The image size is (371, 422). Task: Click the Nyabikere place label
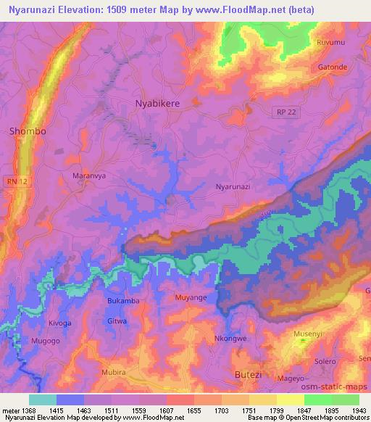(157, 104)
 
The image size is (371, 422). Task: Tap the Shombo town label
(28, 131)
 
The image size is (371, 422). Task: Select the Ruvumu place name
(330, 43)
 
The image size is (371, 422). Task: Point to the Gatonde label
(333, 67)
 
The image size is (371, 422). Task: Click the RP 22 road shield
(285, 110)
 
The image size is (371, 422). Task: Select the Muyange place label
(191, 297)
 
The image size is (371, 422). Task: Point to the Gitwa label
(117, 320)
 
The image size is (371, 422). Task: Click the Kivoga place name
(59, 323)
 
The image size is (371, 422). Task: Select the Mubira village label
(113, 372)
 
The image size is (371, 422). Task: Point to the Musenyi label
(308, 334)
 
